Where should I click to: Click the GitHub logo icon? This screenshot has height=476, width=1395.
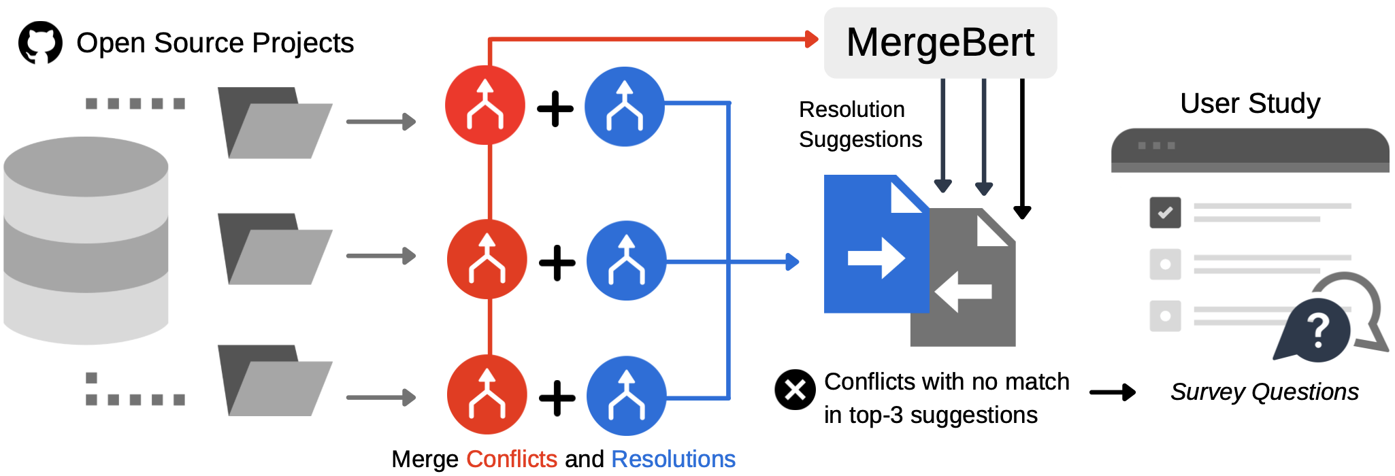[x=40, y=42]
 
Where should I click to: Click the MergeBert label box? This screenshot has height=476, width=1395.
[x=940, y=43]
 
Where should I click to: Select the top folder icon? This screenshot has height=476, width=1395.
[x=274, y=123]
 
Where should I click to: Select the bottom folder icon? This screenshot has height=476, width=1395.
[x=274, y=381]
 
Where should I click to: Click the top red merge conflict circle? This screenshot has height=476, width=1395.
[x=485, y=105]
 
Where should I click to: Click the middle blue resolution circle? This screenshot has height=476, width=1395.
[x=626, y=260]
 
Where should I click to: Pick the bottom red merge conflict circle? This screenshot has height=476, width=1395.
[x=487, y=394]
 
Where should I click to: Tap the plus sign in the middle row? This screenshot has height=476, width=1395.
[x=557, y=263]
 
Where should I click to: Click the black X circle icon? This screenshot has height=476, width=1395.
[x=795, y=390]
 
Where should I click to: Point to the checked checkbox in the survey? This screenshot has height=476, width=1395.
[x=1165, y=212]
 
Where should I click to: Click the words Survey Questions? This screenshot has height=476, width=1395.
[x=1264, y=392]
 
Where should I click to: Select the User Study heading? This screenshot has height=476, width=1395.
[x=1249, y=103]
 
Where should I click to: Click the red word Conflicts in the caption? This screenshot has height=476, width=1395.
[x=512, y=459]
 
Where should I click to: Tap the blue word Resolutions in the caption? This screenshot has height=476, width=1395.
[x=673, y=459]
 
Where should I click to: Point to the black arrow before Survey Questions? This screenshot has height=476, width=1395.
[x=1112, y=392]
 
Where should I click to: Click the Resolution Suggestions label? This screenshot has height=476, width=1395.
[x=859, y=124]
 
